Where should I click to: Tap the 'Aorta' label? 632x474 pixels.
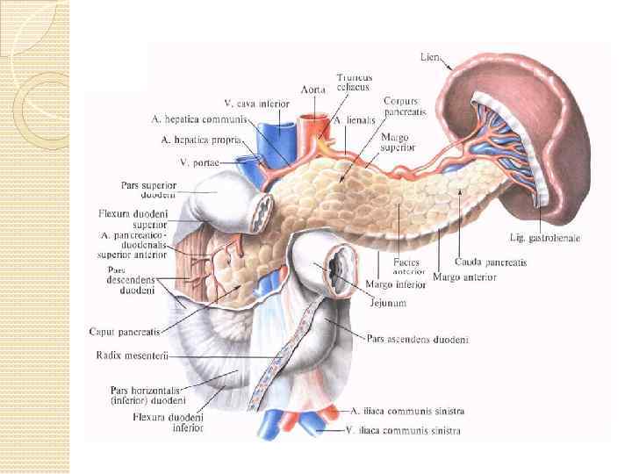pos(313,90)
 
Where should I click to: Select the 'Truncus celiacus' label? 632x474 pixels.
pos(353,84)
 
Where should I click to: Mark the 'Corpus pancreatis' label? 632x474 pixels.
pos(401,107)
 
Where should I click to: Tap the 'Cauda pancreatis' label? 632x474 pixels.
pos(491,262)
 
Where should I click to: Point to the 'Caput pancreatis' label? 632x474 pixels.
pos(125,332)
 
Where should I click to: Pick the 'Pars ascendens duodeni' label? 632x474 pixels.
pos(418,339)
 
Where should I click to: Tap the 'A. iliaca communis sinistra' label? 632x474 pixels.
pos(407,410)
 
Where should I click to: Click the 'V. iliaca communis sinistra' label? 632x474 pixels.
pos(405,430)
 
